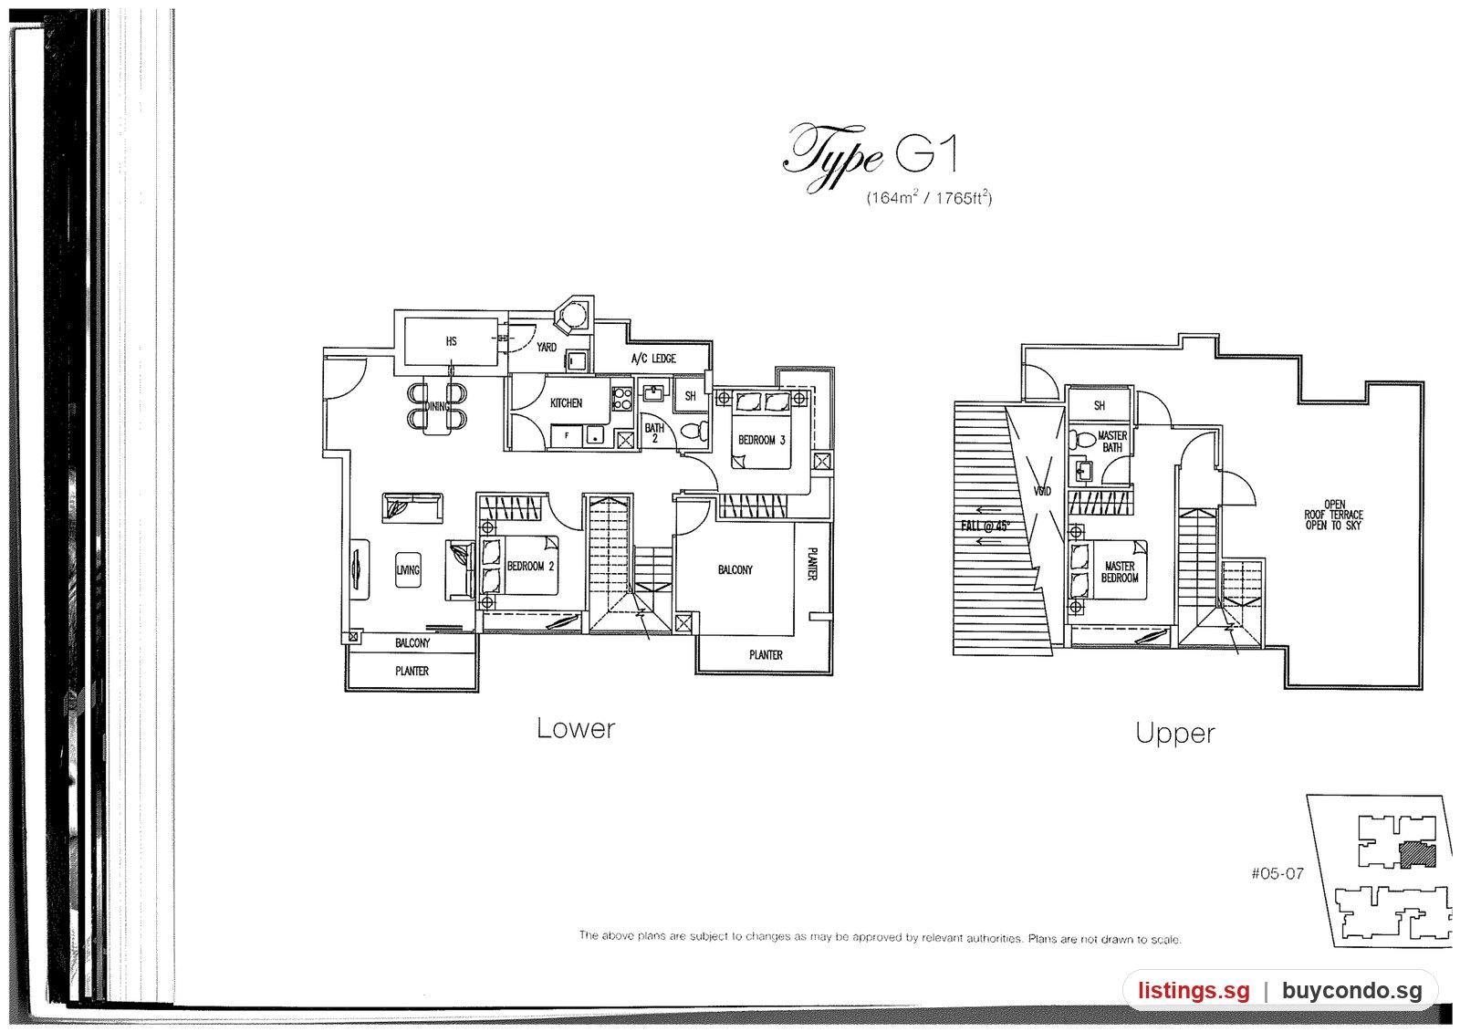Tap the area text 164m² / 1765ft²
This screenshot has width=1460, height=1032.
[930, 197]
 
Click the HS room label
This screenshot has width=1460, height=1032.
[451, 341]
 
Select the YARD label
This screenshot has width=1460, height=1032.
[547, 347]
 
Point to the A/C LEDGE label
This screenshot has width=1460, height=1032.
[653, 359]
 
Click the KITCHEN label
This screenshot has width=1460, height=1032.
[566, 403]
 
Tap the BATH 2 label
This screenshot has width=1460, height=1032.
[654, 433]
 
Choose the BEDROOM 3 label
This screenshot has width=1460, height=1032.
[761, 440]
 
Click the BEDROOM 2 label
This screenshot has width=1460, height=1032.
[530, 567]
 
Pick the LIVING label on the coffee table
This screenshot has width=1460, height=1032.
[408, 570]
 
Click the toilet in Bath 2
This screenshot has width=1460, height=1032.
[695, 431]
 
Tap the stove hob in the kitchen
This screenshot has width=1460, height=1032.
[621, 399]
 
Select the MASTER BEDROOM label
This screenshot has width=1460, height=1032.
[1120, 572]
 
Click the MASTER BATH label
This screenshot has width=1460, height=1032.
[1112, 442]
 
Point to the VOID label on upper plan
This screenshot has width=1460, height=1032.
[1042, 491]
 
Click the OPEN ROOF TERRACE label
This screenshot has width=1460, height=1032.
[1333, 515]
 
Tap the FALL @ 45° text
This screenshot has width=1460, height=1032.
[985, 526]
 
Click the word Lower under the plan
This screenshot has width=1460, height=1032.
[576, 728]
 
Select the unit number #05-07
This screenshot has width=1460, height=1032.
[1277, 873]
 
